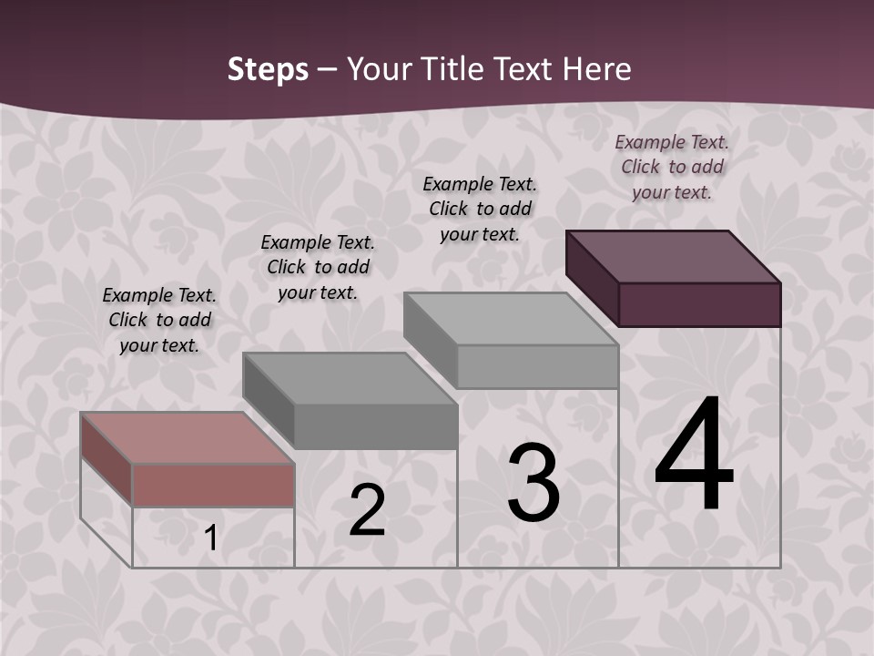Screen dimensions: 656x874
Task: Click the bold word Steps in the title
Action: [x=268, y=69]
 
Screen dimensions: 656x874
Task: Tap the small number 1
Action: [x=210, y=538]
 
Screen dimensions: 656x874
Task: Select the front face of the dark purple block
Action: [x=699, y=304]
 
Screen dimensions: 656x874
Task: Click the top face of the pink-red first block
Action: [x=187, y=438]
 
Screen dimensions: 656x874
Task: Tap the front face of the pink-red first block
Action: [x=213, y=485]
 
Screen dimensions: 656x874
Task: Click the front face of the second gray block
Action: [x=375, y=426]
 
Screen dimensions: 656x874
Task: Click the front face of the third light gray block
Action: [x=537, y=367]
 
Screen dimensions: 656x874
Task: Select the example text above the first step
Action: [x=159, y=320]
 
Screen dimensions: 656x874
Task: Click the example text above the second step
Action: [x=318, y=267]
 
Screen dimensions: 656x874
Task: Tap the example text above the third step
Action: [x=480, y=209]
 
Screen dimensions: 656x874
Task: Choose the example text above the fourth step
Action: [x=672, y=167]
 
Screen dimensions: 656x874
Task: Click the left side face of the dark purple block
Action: [x=592, y=279]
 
